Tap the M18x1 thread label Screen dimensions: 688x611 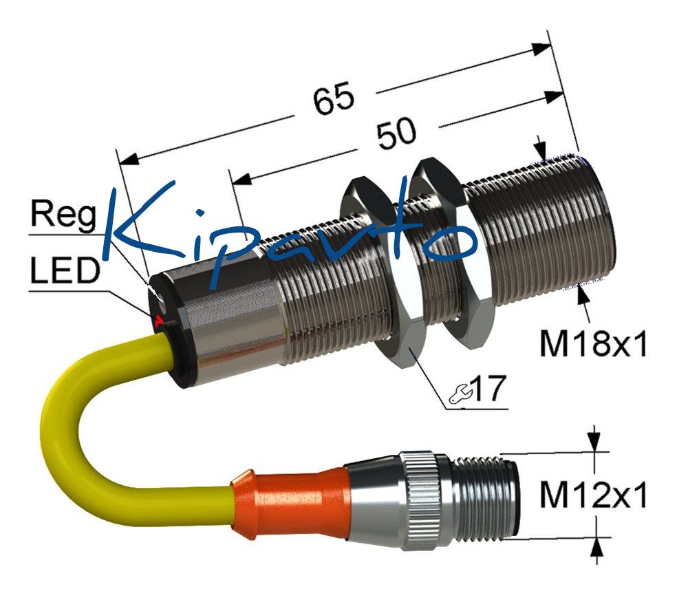click(593, 343)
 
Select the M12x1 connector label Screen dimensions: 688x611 click(593, 495)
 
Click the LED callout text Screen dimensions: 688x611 click(65, 269)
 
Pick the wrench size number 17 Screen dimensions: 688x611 click(490, 388)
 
